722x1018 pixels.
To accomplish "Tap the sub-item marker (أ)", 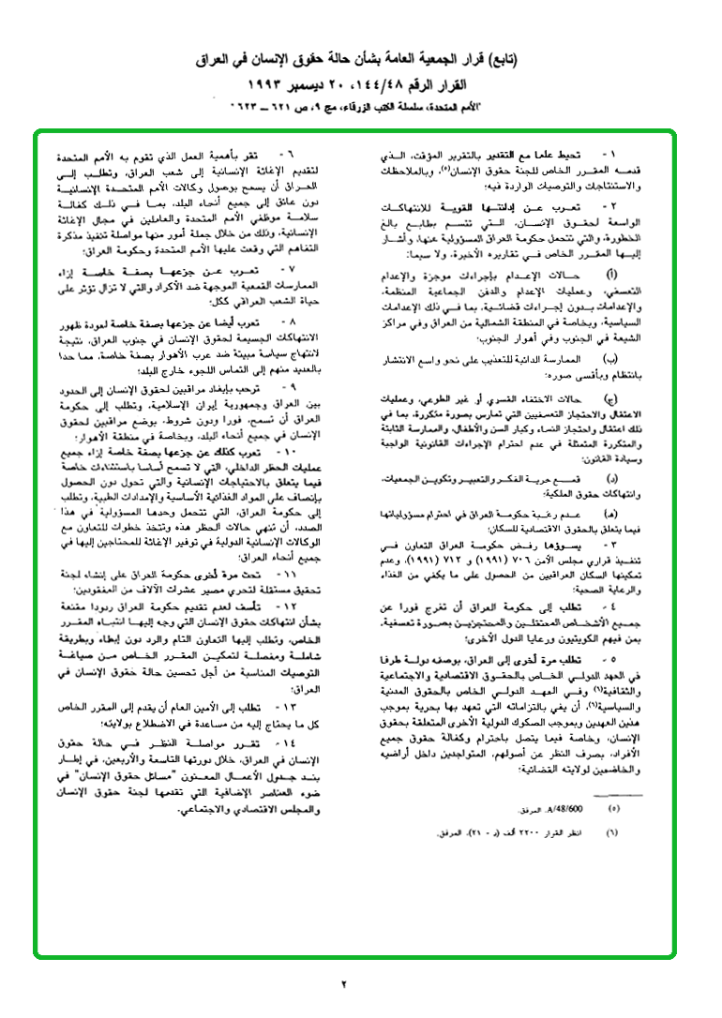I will pyautogui.click(x=613, y=247).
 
